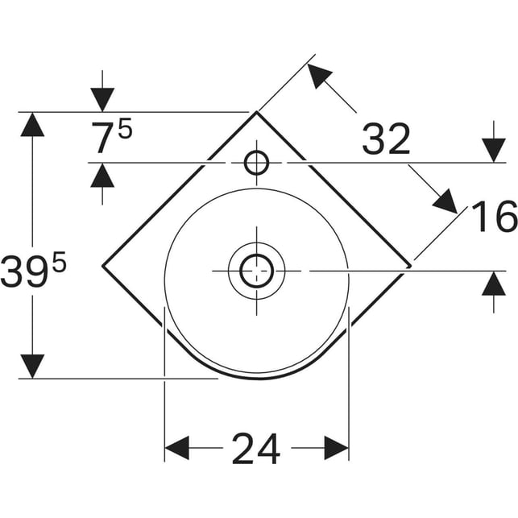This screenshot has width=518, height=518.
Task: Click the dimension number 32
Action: tap(386, 139)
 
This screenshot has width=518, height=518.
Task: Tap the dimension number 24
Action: tap(256, 449)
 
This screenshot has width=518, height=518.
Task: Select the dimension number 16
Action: tap(494, 217)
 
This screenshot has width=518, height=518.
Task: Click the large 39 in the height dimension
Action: tap(23, 271)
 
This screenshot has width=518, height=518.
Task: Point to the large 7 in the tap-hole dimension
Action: tap(103, 138)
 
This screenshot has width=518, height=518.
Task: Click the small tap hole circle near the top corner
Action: tap(256, 163)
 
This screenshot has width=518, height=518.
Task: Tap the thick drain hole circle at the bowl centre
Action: tap(257, 271)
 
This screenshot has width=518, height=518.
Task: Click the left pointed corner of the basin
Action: tap(103, 266)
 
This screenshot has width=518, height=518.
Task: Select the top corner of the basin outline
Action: tap(256, 112)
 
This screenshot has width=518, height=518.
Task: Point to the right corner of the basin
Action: tap(411, 266)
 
